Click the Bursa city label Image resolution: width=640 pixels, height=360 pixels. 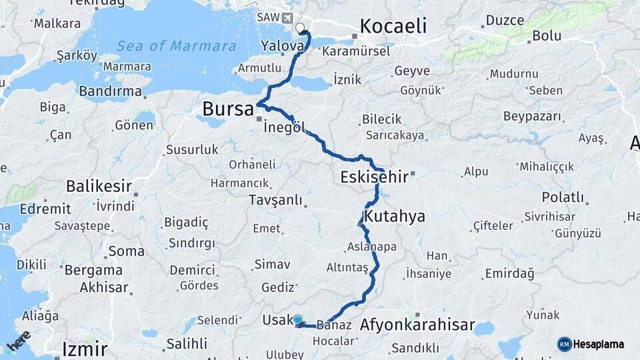coord(227,109)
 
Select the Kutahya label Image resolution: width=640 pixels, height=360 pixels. coord(394,217)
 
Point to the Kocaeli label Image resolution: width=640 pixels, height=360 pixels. coord(393,26)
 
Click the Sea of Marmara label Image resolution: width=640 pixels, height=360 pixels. coord(176,46)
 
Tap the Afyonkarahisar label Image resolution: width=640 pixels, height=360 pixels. coord(417,325)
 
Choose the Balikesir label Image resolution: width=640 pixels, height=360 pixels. coord(99,186)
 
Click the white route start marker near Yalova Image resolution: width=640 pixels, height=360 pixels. coord(300,28)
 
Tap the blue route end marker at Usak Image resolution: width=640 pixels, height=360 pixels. coord(297,320)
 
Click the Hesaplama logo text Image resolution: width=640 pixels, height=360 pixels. coord(599,344)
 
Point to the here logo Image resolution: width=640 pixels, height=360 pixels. coord(19,341)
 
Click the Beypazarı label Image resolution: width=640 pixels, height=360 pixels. coord(532,117)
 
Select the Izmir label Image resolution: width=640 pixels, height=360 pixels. coord(85,349)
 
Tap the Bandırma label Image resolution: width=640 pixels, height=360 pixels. coord(110,91)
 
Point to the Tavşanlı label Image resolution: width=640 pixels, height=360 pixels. coord(275,200)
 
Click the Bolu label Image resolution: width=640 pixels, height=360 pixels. coord(547,36)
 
